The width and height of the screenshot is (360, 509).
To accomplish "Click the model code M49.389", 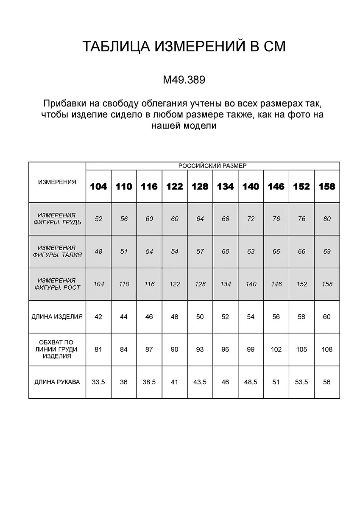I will coord(184,80).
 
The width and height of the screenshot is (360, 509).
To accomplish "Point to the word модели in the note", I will coord(199,126).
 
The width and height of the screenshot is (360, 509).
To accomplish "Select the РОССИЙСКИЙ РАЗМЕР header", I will coord(212,166).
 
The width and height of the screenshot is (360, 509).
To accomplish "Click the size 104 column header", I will coord(98,187).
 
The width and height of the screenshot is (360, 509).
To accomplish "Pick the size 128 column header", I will coord(200,187).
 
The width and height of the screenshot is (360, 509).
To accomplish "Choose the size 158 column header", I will coord(327,187).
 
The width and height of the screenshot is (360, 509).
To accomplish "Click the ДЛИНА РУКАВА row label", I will coord(57,382).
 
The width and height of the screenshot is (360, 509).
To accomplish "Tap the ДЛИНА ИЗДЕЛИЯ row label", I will coord(57,317).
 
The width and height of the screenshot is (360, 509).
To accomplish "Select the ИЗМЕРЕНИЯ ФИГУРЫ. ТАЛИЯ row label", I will coord(57,252).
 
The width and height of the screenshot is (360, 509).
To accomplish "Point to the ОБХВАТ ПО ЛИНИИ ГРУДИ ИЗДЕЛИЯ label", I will coord(57,350).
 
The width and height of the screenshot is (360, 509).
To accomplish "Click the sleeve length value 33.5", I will coord(98,382).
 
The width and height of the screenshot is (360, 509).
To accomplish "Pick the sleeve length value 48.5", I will coord(251,382).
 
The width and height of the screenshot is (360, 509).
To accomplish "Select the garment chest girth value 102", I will coord(276,350).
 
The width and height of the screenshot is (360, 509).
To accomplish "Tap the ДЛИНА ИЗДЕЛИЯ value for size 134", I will coord(225,317).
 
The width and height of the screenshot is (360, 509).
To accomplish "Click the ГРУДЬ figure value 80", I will coord(327,219).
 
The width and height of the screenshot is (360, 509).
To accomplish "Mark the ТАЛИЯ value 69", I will coord(327,252).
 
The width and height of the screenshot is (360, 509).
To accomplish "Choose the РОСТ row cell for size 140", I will coord(251,284).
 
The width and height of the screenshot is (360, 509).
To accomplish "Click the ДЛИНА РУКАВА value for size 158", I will coord(327,382).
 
